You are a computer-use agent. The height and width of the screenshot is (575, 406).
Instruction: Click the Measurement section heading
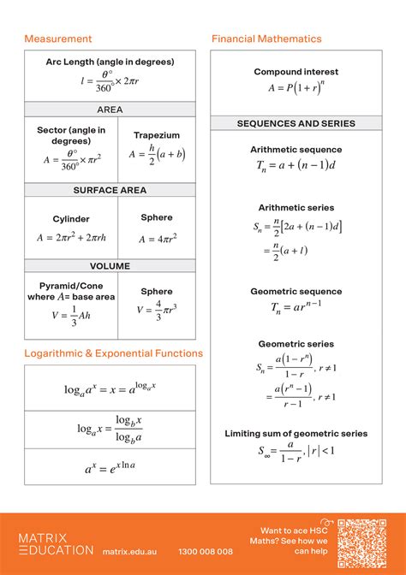57,39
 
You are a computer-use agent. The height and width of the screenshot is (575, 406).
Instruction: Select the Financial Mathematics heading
266,39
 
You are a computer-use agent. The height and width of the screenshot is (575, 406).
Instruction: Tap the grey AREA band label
110,110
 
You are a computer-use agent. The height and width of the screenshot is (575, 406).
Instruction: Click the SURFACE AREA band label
110,190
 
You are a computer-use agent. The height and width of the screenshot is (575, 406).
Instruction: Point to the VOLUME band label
110,266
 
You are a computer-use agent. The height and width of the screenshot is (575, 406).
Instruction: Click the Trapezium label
157,135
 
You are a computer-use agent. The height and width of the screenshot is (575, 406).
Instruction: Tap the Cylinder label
71,219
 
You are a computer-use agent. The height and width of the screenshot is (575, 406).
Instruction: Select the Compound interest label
296,72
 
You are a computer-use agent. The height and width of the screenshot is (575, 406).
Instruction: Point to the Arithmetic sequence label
296,150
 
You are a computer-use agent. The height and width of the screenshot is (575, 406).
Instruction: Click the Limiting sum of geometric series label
296,434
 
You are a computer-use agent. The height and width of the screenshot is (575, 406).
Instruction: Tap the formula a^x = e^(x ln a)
110,468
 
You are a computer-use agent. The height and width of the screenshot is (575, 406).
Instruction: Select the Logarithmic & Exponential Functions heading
113,353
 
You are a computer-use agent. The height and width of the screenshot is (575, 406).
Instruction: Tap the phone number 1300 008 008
206,552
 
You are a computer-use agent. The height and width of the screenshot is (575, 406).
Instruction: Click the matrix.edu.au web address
129,552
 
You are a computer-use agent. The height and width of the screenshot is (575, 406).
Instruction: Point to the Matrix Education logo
57,543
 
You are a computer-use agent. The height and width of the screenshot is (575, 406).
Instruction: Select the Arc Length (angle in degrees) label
110,62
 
